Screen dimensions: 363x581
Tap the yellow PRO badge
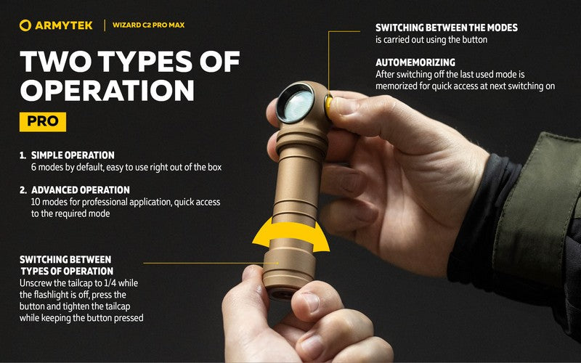click(43, 121)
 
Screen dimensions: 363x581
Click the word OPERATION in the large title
click(107, 90)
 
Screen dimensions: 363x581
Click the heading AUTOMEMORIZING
click(415, 63)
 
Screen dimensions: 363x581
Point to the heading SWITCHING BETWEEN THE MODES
click(447, 28)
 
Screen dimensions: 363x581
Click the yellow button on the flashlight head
click(329, 107)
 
